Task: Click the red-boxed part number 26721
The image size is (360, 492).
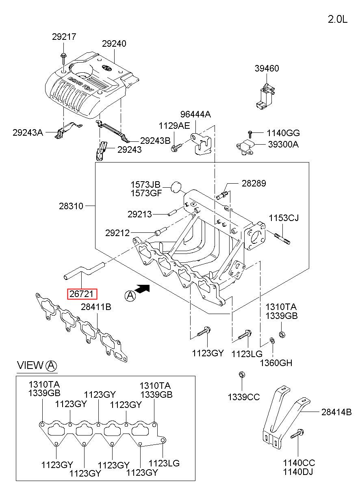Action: click(82, 294)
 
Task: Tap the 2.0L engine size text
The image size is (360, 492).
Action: click(338, 20)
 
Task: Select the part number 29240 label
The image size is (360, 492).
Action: click(114, 44)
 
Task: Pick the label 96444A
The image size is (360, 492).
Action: click(195, 114)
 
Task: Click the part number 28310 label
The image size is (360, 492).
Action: click(71, 206)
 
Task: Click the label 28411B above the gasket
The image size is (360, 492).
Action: click(96, 307)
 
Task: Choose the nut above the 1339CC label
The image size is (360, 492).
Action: click(242, 374)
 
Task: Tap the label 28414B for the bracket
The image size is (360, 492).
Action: click(336, 412)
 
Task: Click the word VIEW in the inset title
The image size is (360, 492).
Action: click(30, 365)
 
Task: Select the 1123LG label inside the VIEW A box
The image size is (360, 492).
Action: click(164, 463)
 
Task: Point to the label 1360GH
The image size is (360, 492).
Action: click(276, 363)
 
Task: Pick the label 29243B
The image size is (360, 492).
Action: click(155, 141)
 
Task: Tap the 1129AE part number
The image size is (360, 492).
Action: click(174, 126)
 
